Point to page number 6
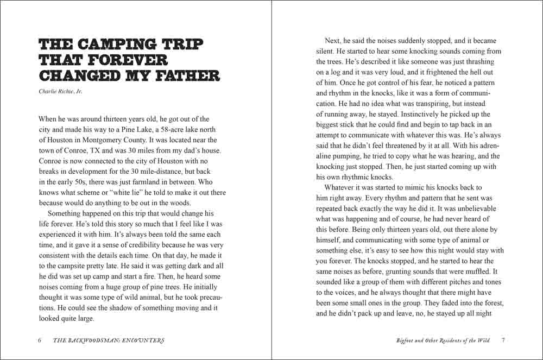[40, 340]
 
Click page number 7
[503, 340]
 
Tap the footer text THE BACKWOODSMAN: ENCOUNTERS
[109, 340]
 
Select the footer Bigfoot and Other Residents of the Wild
[443, 340]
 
